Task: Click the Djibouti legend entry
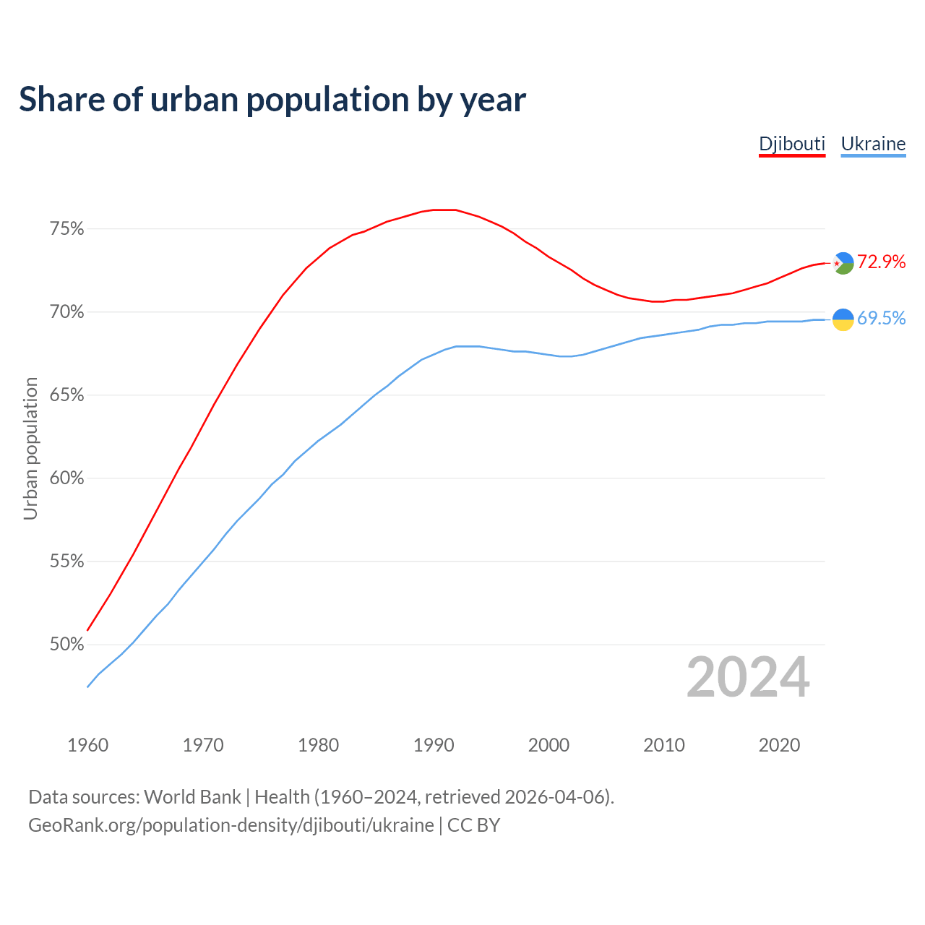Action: (791, 144)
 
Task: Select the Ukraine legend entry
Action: (873, 144)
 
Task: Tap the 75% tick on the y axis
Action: (67, 229)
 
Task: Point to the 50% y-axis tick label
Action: (67, 645)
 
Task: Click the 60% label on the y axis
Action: (67, 478)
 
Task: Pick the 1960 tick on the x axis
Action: (87, 745)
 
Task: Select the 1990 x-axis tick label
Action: (434, 745)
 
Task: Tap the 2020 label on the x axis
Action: (779, 745)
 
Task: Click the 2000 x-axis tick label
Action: (548, 745)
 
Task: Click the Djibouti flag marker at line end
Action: (843, 263)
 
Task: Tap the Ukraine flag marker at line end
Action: (843, 319)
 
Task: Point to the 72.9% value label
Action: (882, 262)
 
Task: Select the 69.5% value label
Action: (882, 319)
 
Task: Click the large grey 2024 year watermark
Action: (748, 678)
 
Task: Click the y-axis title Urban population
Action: (30, 448)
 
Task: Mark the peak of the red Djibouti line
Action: (444, 210)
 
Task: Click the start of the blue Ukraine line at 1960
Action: (87, 687)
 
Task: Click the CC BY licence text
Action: (473, 825)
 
